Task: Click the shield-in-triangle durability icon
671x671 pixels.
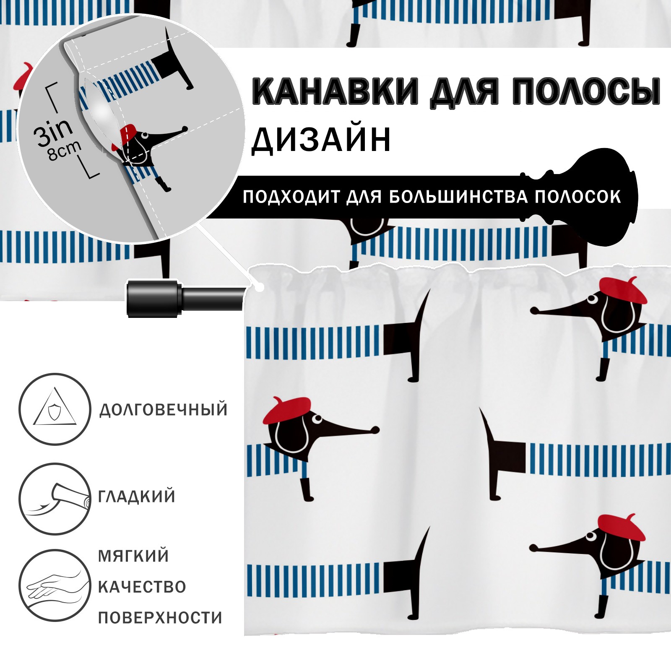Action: [x=55, y=409]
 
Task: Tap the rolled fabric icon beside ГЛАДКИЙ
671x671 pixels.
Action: [x=55, y=499]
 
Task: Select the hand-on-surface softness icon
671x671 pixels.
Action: [x=55, y=585]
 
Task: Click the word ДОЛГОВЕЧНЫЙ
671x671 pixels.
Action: [x=163, y=409]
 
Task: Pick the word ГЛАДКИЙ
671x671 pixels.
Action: [x=137, y=497]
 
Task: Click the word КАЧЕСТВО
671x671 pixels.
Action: [x=142, y=587]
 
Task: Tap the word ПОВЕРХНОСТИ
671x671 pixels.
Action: [x=160, y=618]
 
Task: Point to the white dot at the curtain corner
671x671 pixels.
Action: [x=260, y=288]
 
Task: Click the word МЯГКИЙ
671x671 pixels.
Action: [x=133, y=556]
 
